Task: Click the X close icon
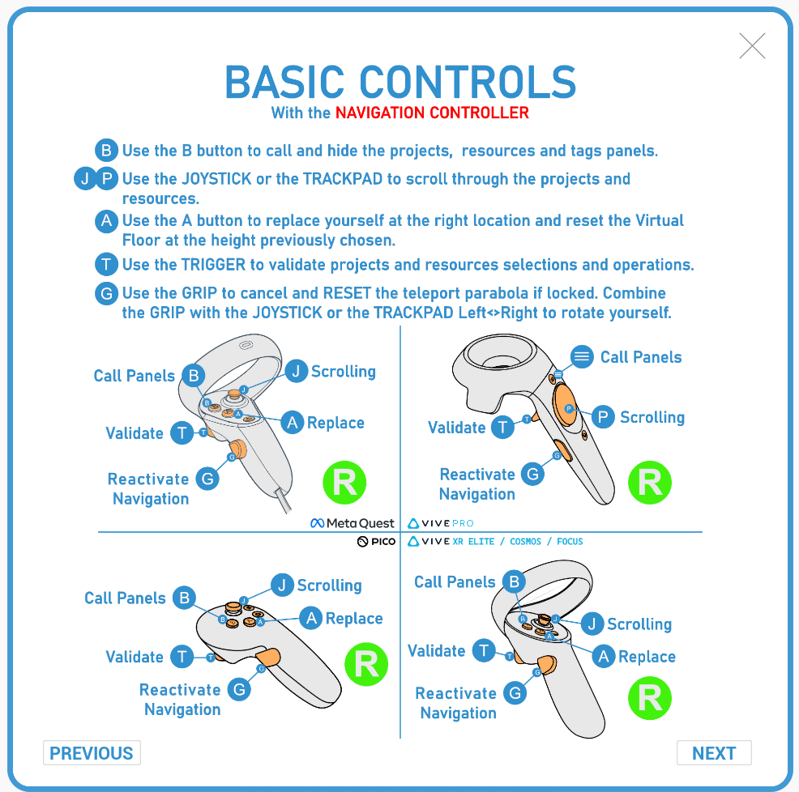click(752, 46)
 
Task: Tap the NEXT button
click(714, 753)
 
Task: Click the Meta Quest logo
click(353, 523)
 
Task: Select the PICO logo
click(376, 541)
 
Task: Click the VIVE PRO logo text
click(441, 523)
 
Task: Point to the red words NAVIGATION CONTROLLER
click(432, 113)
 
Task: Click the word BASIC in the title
click(286, 82)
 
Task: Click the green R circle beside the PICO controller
click(366, 665)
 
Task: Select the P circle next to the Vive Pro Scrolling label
click(602, 417)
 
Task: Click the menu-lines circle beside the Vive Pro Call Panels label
click(581, 356)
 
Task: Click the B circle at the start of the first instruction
click(107, 151)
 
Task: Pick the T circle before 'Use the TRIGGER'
click(107, 265)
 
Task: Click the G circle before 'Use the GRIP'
click(107, 293)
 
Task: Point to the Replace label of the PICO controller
click(353, 619)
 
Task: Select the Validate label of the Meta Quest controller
click(135, 433)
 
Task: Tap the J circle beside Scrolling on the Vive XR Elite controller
click(593, 624)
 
